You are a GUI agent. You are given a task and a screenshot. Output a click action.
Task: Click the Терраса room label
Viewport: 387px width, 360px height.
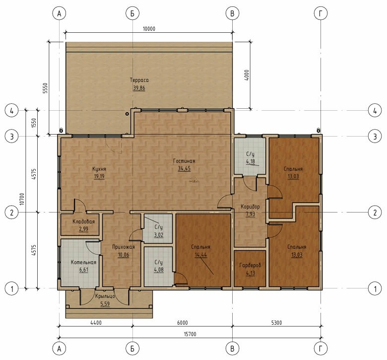point(139,80)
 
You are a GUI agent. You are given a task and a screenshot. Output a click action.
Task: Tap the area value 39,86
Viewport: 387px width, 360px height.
point(139,88)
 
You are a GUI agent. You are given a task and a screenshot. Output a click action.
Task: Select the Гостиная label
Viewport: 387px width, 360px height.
point(184,161)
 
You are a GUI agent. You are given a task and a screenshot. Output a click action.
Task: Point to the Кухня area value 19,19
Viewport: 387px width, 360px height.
point(99,176)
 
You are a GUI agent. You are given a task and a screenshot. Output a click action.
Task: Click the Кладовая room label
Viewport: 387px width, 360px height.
point(84,221)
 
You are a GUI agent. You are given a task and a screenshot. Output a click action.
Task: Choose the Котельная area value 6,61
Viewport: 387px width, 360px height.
point(84,270)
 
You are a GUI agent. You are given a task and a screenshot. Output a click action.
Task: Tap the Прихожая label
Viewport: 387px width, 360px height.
point(124,247)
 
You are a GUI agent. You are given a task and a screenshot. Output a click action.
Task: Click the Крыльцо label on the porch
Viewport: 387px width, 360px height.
point(105,296)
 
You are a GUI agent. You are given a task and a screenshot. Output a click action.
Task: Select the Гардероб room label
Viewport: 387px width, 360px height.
point(250,265)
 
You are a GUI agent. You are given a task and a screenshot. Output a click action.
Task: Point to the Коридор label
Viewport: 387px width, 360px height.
point(250,207)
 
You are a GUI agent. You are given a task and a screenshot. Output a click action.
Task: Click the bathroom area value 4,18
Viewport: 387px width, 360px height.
point(250,162)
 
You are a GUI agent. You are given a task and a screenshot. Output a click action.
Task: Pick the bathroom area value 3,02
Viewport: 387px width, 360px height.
point(159,235)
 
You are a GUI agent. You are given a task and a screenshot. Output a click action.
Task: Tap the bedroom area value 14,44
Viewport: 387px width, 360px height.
point(201,255)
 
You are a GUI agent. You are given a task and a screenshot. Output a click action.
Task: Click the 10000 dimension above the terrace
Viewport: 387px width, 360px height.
point(149,29)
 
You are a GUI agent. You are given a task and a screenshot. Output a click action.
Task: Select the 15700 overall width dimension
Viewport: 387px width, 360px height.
point(190,334)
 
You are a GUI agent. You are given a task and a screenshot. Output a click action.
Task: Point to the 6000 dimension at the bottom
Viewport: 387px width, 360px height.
point(183,323)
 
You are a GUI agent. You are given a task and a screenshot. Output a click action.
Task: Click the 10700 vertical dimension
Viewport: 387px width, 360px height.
point(22,199)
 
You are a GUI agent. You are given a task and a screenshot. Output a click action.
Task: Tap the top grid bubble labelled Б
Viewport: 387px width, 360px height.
point(132,13)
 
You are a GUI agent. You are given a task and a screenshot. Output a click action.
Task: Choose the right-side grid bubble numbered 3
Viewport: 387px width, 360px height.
point(375,137)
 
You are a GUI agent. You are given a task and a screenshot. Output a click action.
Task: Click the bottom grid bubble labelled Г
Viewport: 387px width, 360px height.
point(321,349)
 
